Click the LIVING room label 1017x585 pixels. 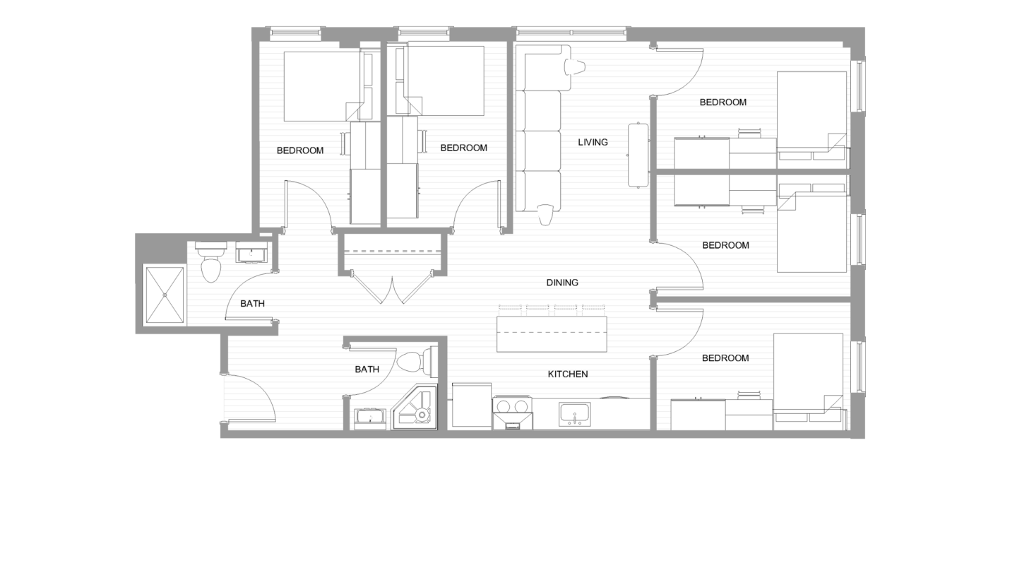tap(593, 142)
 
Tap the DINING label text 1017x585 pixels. tap(562, 283)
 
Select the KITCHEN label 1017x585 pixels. tap(568, 374)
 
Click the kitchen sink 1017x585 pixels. tap(575, 413)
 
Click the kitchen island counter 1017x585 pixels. tap(552, 334)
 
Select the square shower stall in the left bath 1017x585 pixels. tap(165, 295)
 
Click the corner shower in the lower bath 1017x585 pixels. tap(415, 408)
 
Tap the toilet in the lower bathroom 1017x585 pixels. tap(412, 362)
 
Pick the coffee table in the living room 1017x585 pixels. tap(638, 155)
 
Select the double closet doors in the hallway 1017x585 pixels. tap(392, 288)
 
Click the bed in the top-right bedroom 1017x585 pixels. tap(811, 111)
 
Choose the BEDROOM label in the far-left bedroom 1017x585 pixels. tap(300, 150)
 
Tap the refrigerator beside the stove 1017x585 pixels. tap(471, 405)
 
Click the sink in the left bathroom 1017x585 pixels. tap(251, 252)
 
